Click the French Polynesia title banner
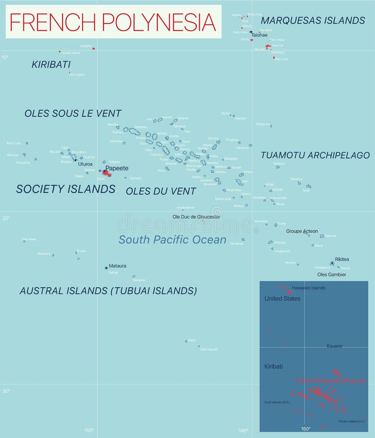click(x=113, y=22)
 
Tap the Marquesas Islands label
click(x=312, y=20)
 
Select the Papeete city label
click(x=117, y=168)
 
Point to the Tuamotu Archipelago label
click(x=315, y=155)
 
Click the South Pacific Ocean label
click(x=172, y=239)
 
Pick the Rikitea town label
click(x=341, y=259)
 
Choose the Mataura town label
click(x=117, y=266)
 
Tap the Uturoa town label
click(x=85, y=164)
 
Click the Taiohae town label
click(x=259, y=35)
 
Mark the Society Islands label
click(x=66, y=189)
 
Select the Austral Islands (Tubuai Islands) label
click(x=108, y=291)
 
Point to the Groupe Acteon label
click(x=302, y=231)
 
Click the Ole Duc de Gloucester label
click(x=196, y=217)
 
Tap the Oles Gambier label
click(x=332, y=274)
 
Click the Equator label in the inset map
click(x=335, y=346)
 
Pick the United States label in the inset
click(x=282, y=298)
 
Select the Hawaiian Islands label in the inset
click(x=308, y=288)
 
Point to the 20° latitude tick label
click(x=5, y=218)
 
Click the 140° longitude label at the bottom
click(x=243, y=430)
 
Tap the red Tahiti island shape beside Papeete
click(x=106, y=173)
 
